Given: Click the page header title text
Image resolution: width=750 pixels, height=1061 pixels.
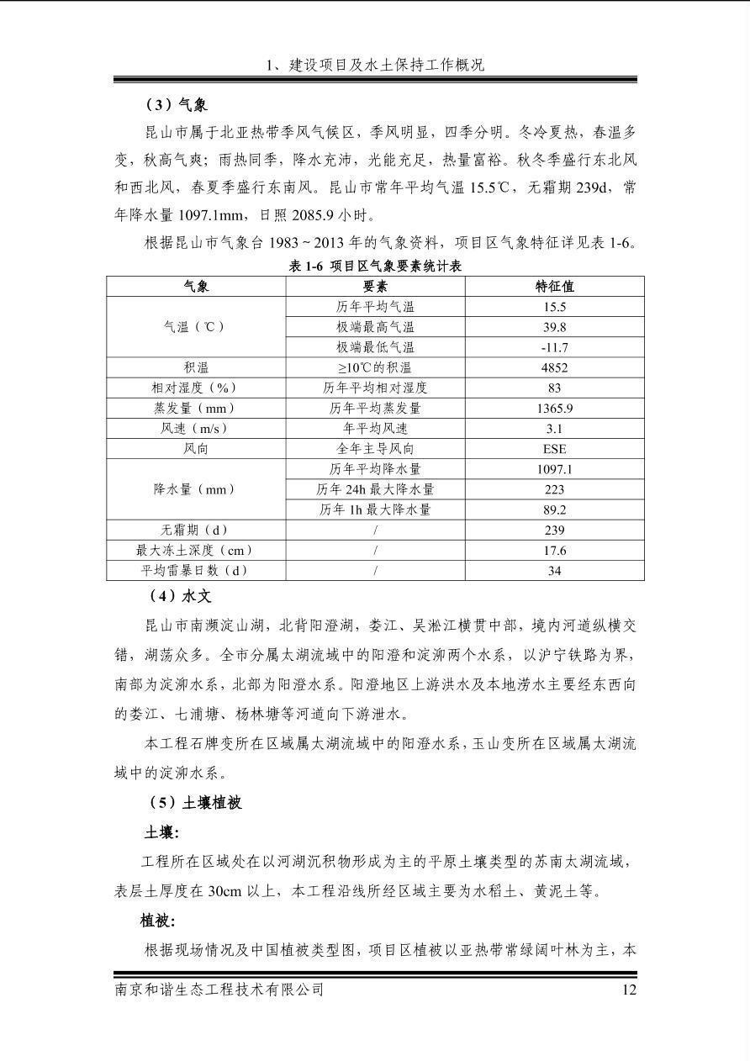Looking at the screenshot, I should pyautogui.click(x=375, y=65).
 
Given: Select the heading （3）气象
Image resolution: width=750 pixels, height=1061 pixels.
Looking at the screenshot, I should pyautogui.click(x=177, y=105).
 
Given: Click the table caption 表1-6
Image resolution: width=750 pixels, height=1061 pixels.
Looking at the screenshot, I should pyautogui.click(x=375, y=266).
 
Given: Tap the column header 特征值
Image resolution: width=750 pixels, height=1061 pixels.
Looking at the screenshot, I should pyautogui.click(x=554, y=286).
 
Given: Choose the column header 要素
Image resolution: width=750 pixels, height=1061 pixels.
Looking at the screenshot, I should pyautogui.click(x=375, y=286).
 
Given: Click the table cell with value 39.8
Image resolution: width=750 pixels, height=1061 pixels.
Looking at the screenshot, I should pyautogui.click(x=554, y=327).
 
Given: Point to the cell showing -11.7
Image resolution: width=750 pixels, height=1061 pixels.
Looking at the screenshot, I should pyautogui.click(x=554, y=347).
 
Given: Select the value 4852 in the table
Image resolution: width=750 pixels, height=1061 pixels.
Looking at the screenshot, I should pyautogui.click(x=554, y=367).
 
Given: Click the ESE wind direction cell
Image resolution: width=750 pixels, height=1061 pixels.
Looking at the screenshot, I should pyautogui.click(x=554, y=449).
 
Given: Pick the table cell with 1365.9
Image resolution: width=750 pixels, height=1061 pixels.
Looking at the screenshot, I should pyautogui.click(x=554, y=409).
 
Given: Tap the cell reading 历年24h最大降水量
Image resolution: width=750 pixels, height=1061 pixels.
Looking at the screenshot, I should pyautogui.click(x=375, y=489).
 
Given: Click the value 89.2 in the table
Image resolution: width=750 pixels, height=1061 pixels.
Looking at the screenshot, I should pyautogui.click(x=554, y=509).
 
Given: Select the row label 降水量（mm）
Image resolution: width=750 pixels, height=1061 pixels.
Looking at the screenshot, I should pyautogui.click(x=196, y=489).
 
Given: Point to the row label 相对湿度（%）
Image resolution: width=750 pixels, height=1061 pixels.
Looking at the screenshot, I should pyautogui.click(x=196, y=388).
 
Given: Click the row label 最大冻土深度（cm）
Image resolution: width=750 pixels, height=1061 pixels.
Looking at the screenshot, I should pyautogui.click(x=196, y=551).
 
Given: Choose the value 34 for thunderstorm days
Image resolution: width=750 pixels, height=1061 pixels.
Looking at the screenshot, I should pyautogui.click(x=554, y=571).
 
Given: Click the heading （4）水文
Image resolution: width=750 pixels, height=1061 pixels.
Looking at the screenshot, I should pyautogui.click(x=177, y=596).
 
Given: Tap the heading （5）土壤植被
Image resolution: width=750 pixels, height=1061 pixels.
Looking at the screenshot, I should pyautogui.click(x=194, y=802).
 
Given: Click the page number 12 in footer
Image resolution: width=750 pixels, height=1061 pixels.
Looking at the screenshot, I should pyautogui.click(x=628, y=990).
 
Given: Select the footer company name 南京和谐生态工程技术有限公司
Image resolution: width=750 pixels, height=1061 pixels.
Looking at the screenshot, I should pyautogui.click(x=219, y=990).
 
